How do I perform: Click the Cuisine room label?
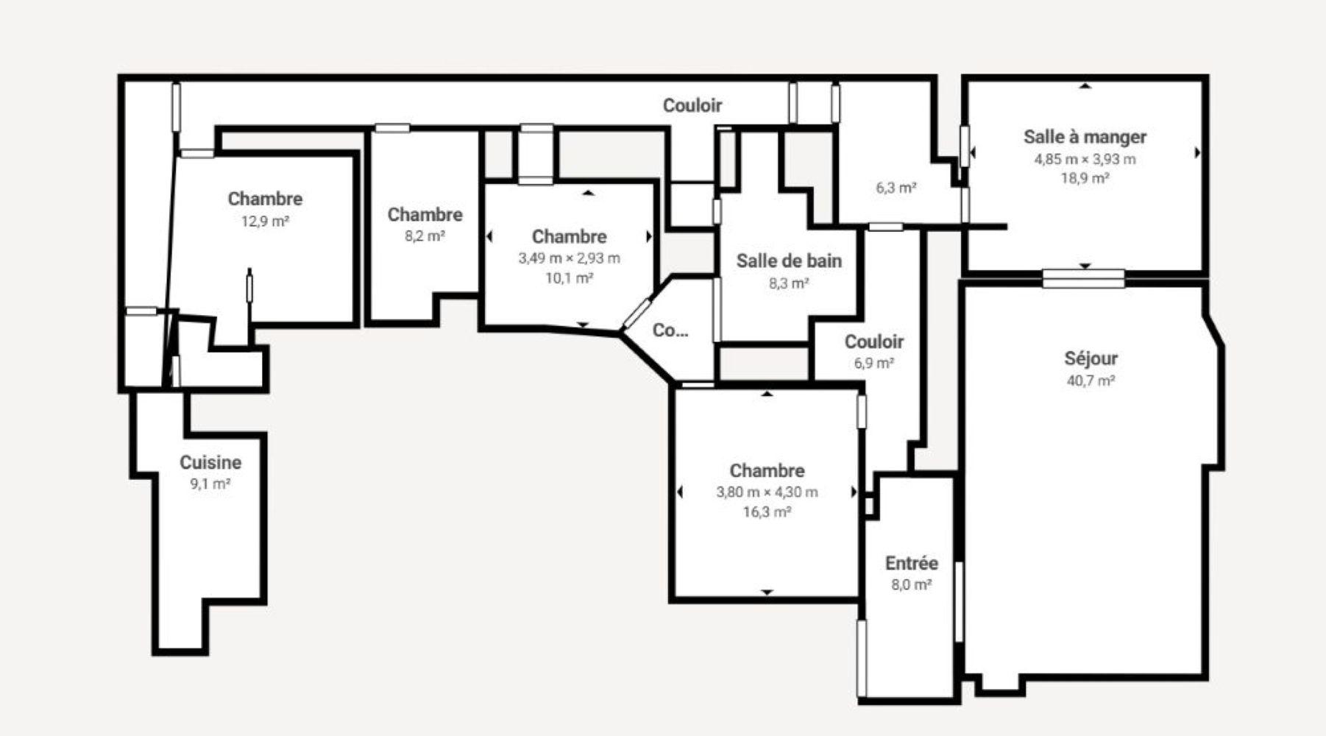(x=210, y=462)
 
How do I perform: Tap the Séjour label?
(x=1091, y=359)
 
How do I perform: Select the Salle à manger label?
(x=1085, y=137)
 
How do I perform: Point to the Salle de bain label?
(x=789, y=261)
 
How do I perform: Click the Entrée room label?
(x=911, y=563)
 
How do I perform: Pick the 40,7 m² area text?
(x=1091, y=381)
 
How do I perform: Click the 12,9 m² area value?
(x=265, y=221)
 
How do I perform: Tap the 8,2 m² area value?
(x=425, y=236)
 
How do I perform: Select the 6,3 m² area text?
(x=896, y=188)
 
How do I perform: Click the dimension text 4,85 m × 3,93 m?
(x=1085, y=159)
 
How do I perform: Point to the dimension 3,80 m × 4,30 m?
(x=767, y=492)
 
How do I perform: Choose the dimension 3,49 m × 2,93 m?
(x=569, y=258)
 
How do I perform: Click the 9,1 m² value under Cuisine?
(x=210, y=484)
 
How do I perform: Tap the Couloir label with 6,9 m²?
(x=874, y=342)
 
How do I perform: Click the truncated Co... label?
(x=670, y=330)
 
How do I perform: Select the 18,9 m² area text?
(x=1085, y=178)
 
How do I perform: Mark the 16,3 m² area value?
(x=767, y=512)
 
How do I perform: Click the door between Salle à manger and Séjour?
(x=1084, y=278)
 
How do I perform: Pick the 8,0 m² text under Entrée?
(x=911, y=584)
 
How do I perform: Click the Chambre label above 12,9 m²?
(x=265, y=199)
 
